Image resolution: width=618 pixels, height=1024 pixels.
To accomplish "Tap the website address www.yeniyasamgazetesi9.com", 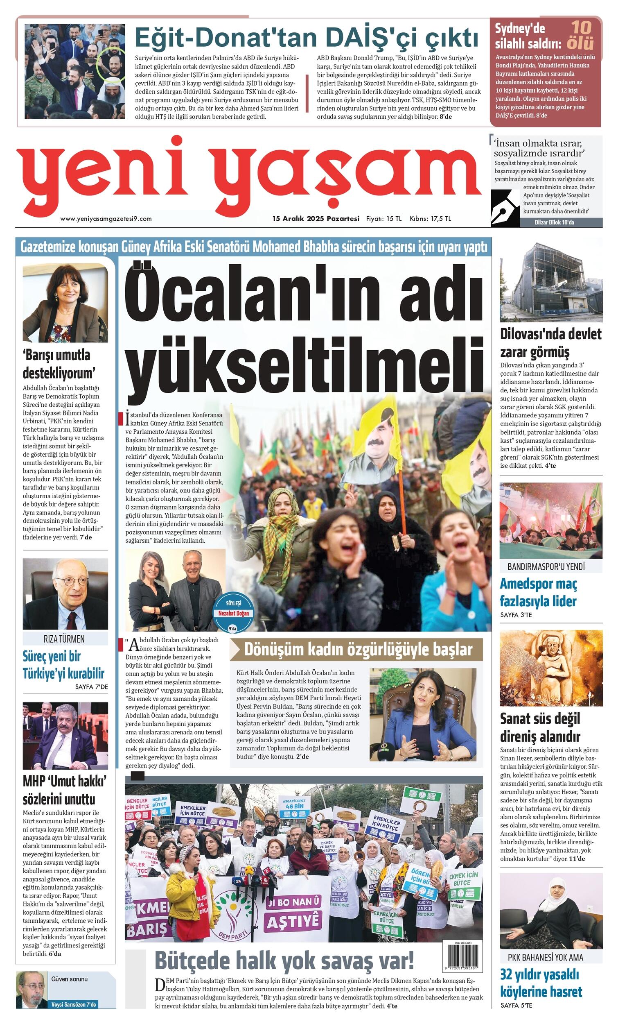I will pyautogui.click(x=106, y=219).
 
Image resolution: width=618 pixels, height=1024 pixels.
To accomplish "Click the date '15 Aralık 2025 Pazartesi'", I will pyautogui.click(x=316, y=219).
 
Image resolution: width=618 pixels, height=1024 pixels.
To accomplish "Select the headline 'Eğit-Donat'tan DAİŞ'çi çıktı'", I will pyautogui.click(x=307, y=38).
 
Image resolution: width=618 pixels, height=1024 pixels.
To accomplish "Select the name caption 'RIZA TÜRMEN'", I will pyautogui.click(x=64, y=639).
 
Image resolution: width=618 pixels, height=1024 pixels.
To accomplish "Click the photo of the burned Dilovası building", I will pyautogui.click(x=551, y=281).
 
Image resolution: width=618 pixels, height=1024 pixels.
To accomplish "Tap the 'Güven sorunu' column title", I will pyautogui.click(x=69, y=979).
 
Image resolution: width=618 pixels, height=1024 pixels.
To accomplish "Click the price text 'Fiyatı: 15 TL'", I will pyautogui.click(x=383, y=219).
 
